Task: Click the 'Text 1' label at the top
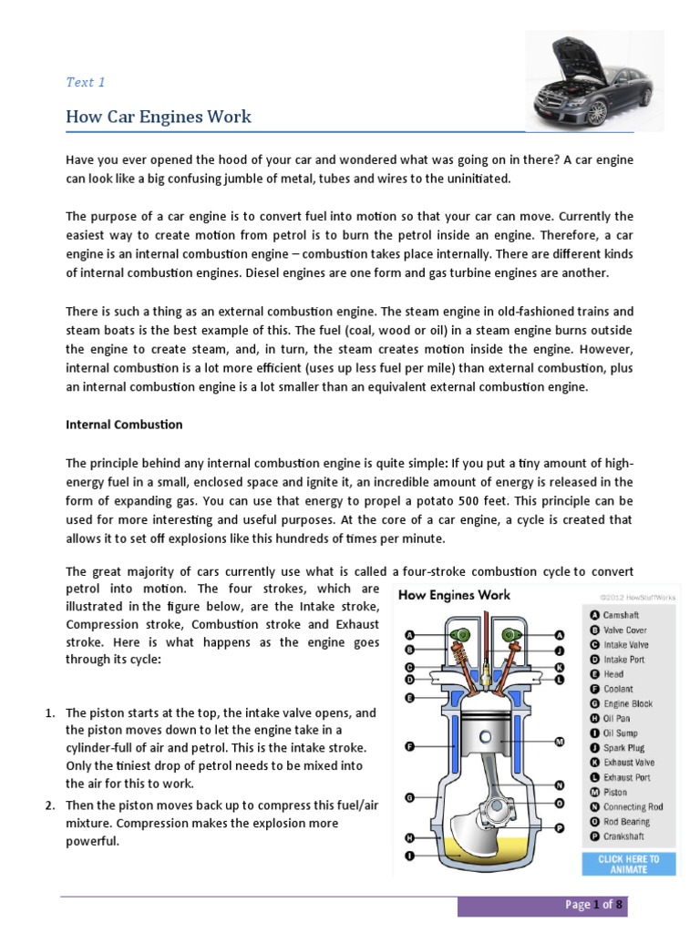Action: [x=86, y=82]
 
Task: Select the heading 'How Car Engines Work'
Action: [x=158, y=118]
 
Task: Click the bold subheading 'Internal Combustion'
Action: [x=124, y=425]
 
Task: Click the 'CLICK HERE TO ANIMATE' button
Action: [x=628, y=864]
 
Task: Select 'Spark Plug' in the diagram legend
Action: [x=623, y=748]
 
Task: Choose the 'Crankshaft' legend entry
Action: [x=623, y=836]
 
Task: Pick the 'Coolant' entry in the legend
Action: [x=618, y=689]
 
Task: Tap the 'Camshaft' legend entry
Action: [x=621, y=615]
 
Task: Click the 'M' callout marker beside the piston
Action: [x=560, y=742]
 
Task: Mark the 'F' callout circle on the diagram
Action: [x=410, y=746]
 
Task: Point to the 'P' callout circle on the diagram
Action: [x=560, y=827]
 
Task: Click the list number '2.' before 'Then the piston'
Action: [x=53, y=805]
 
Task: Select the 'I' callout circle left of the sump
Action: [x=410, y=856]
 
